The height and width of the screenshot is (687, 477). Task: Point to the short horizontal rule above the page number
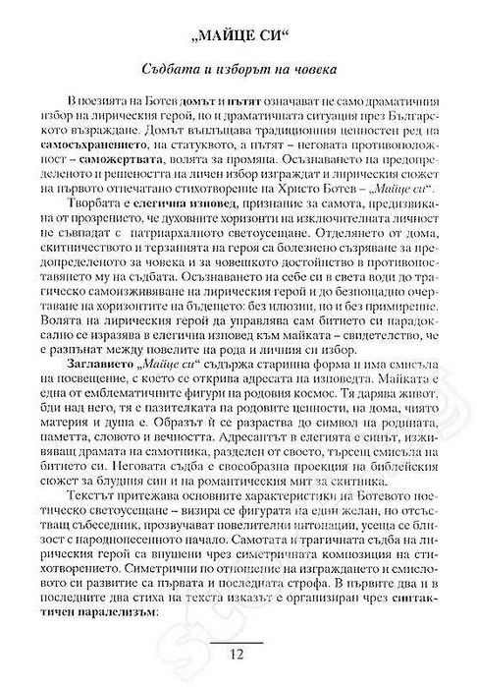point(239,645)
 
